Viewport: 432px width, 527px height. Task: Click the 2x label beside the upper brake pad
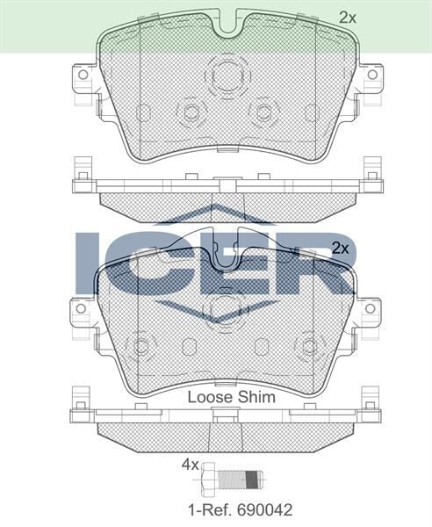tap(349, 16)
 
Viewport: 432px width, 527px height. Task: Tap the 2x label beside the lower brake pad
tap(340, 249)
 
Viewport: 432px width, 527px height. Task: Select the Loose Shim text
tap(232, 397)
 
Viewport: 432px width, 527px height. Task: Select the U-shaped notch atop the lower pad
tap(226, 256)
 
